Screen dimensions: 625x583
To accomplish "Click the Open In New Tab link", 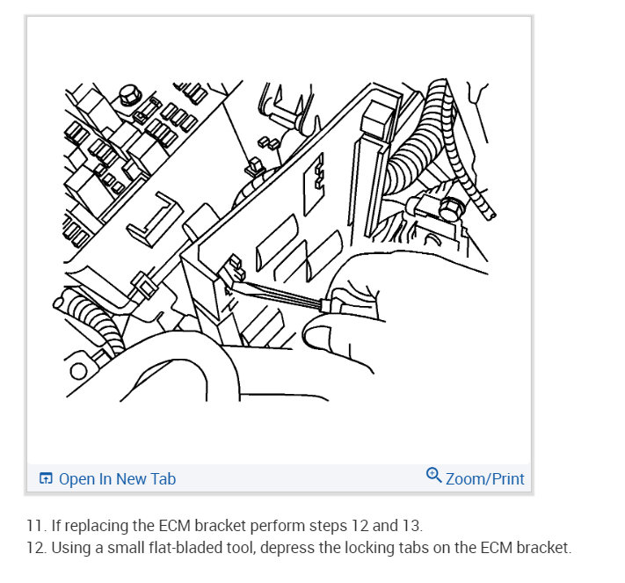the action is click(117, 479).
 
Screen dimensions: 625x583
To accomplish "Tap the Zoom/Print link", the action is click(484, 479).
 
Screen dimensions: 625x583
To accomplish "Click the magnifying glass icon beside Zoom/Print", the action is click(433, 475).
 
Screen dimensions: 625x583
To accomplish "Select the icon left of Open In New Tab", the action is click(46, 478).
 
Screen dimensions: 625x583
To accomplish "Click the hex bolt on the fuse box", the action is click(129, 94).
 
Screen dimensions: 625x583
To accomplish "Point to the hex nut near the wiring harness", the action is click(453, 208).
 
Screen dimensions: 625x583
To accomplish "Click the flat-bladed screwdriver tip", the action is click(236, 283).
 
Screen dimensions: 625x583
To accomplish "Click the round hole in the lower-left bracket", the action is click(78, 371).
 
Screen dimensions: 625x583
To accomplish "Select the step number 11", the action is click(34, 526).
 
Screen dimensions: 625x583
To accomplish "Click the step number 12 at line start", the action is click(35, 548).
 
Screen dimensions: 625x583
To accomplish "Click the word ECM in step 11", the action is click(175, 526).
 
